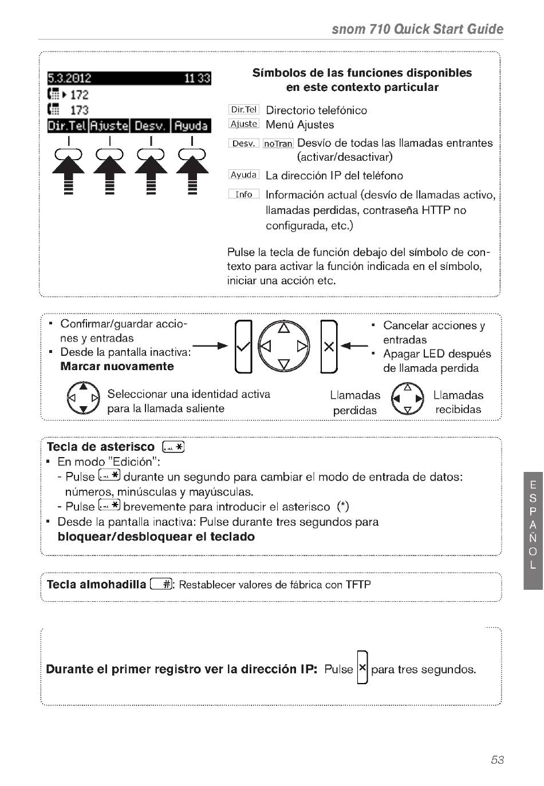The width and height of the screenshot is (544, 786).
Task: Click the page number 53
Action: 497,760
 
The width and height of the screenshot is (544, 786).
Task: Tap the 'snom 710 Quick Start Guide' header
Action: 417,29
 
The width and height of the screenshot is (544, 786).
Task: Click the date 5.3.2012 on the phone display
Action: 69,78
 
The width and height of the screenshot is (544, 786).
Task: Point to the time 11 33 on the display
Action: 198,78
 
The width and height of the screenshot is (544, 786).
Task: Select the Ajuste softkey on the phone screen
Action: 109,126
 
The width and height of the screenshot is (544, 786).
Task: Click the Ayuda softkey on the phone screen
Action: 191,126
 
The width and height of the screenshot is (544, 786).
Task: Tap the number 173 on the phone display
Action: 80,110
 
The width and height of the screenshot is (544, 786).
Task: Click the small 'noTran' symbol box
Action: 278,144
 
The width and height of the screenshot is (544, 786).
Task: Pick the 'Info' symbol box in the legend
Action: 244,194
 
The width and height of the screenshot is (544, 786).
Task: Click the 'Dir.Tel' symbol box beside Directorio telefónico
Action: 244,109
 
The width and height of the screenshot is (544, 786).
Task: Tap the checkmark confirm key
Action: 243,347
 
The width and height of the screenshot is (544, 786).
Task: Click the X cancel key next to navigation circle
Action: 329,347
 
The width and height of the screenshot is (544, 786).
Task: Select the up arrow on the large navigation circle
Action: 284,328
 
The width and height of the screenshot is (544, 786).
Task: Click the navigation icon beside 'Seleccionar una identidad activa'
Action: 83,398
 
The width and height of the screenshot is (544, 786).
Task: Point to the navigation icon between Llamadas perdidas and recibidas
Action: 407,399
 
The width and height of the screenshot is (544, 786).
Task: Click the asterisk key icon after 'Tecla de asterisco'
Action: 174,447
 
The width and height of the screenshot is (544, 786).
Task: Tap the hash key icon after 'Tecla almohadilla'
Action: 161,584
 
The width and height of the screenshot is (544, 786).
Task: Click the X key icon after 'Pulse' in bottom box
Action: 362,668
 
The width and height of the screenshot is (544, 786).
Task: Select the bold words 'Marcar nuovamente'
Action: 117,366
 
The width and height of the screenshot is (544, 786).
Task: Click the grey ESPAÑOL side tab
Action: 533,530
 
